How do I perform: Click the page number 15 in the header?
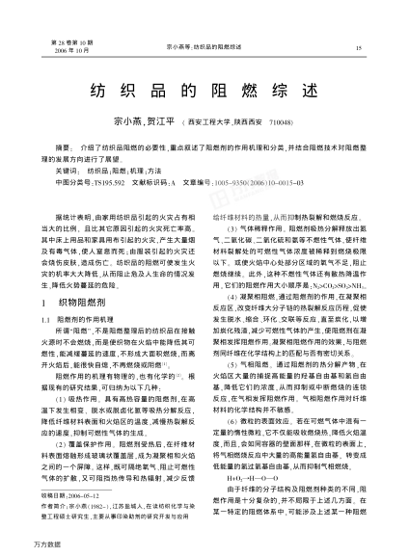pos(358,48)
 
